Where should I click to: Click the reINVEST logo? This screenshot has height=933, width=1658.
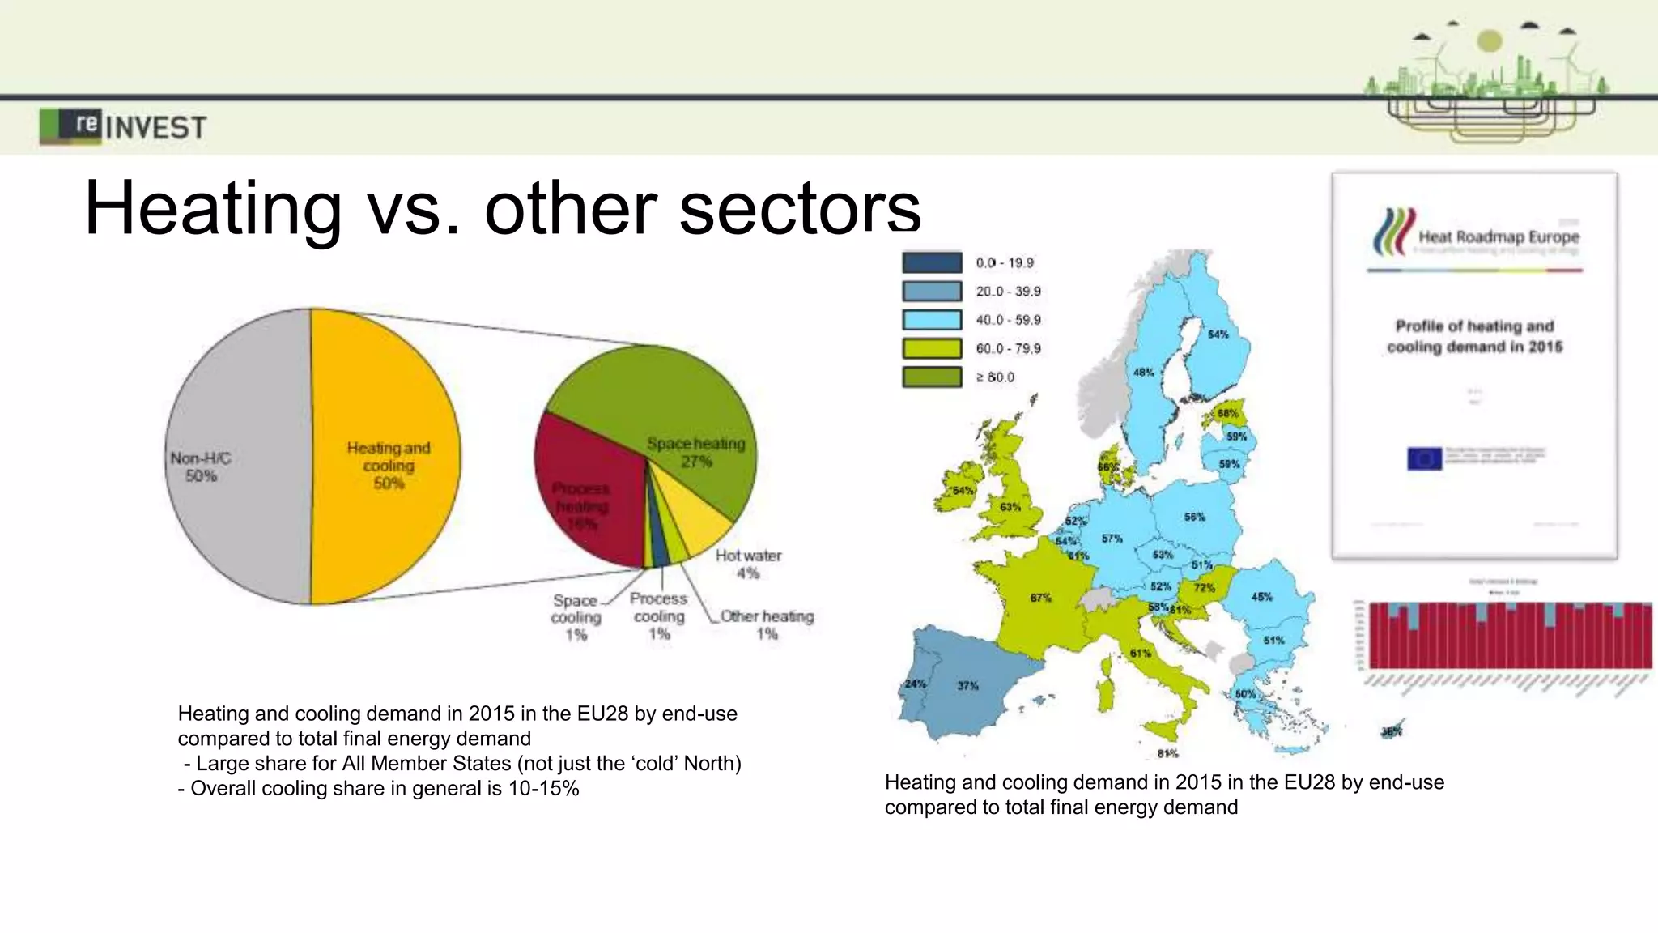point(123,126)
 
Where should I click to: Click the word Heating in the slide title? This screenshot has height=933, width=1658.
point(213,209)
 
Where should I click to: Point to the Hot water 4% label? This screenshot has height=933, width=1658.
point(748,564)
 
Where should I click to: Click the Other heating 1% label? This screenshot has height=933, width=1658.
point(767,624)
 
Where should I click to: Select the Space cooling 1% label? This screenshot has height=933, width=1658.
point(576,617)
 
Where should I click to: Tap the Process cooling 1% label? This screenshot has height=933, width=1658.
point(659,616)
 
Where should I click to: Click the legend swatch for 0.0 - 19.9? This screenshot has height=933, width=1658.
point(932,262)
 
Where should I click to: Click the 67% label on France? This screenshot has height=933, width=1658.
point(1040,598)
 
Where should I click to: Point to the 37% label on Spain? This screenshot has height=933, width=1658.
point(967,686)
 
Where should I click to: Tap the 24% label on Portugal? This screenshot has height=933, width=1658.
point(915,684)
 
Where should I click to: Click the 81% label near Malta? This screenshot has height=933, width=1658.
point(1167,753)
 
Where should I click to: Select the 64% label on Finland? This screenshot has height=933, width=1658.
point(1218,334)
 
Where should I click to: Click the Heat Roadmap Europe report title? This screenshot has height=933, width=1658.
point(1498,237)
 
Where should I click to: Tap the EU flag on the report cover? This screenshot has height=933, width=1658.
point(1424,458)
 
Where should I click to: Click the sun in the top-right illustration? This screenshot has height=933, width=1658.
point(1489,40)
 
